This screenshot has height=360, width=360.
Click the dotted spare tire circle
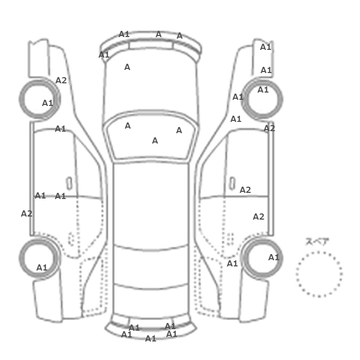319,252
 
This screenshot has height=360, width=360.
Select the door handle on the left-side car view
69,184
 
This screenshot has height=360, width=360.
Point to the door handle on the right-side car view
232,184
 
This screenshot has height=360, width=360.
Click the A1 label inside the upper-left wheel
47,103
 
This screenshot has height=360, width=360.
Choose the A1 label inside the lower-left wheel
42,267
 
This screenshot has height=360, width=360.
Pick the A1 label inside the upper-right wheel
263,90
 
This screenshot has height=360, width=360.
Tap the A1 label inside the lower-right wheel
274,257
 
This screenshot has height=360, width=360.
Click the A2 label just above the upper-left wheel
61,80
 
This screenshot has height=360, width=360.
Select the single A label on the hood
127,67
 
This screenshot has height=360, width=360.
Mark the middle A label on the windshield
155,140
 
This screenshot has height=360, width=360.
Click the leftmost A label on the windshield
128,125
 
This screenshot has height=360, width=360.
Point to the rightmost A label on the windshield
179,131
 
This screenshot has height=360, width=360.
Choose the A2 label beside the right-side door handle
245,190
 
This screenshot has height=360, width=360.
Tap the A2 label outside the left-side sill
27,213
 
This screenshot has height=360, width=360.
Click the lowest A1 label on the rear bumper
151,338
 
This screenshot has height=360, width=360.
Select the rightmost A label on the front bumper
179,36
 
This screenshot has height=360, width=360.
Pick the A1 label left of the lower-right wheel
232,263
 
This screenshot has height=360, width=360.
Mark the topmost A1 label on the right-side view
266,47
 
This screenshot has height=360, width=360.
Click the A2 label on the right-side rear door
259,217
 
